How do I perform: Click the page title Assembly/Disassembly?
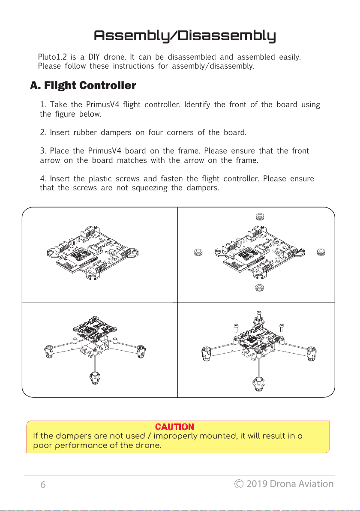(185, 36)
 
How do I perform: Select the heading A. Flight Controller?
(83, 86)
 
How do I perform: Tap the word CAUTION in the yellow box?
(174, 427)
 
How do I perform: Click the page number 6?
(43, 485)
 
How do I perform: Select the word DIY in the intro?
(94, 57)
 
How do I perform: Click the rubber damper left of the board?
(198, 252)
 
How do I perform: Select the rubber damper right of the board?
(320, 252)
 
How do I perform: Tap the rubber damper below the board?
(259, 287)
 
